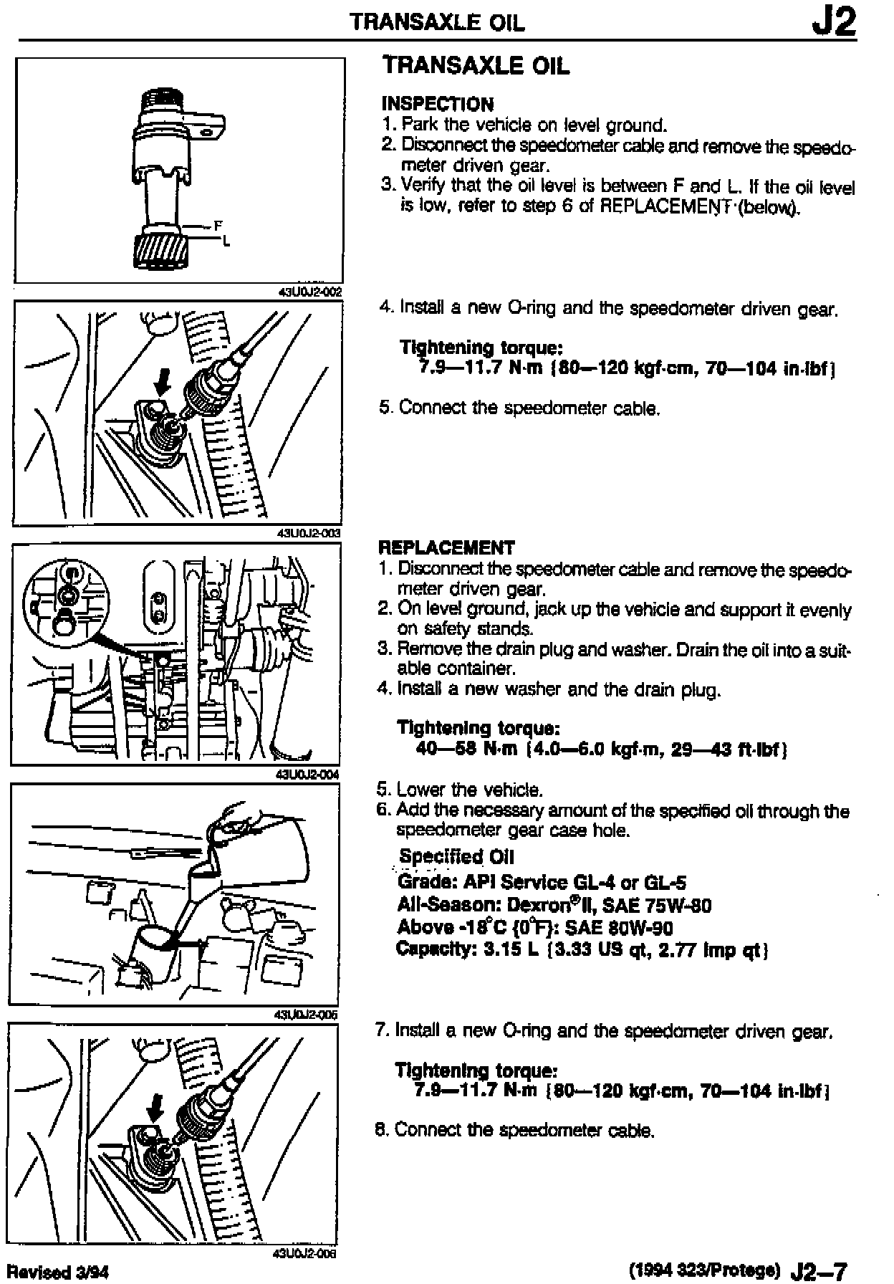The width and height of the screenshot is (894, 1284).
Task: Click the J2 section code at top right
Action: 834,23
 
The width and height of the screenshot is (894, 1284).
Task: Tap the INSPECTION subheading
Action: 438,105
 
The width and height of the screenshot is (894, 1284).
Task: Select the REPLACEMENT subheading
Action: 446,548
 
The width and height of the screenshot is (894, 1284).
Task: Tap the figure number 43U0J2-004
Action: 307,774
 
